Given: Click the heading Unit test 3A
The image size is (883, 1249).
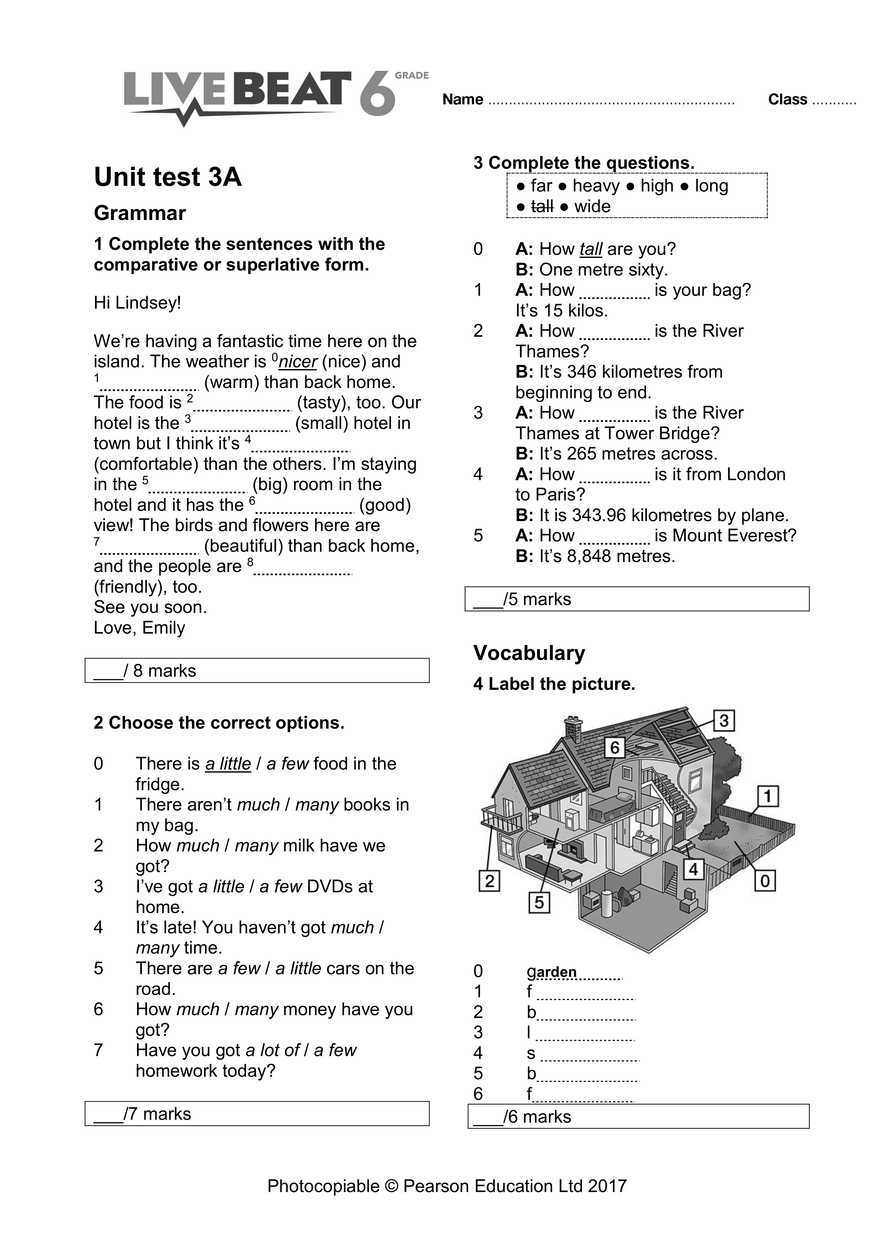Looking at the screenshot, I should click(x=168, y=177).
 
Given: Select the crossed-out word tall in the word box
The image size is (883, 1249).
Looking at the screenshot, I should click(x=542, y=207).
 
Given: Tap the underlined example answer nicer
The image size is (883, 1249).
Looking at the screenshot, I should click(x=297, y=362).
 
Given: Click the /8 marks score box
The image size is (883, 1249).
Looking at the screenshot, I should click(x=257, y=670).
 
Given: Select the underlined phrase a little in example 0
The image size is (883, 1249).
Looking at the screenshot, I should click(x=228, y=764).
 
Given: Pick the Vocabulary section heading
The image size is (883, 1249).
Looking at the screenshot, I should click(x=529, y=653).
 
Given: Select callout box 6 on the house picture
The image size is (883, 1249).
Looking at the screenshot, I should click(x=614, y=747).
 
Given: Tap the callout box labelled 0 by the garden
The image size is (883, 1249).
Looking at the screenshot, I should click(x=764, y=880).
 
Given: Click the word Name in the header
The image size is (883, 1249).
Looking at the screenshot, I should click(x=462, y=100).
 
